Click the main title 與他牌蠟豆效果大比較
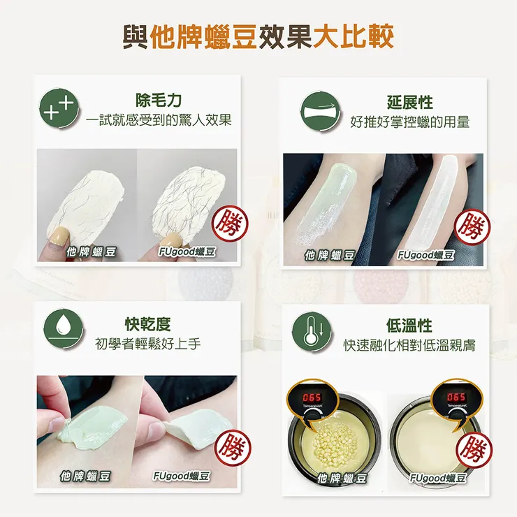tap(258, 37)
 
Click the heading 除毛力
tap(159, 101)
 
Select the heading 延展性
tap(410, 103)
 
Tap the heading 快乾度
tap(147, 324)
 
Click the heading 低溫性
tap(409, 326)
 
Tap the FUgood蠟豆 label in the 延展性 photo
tap(426, 255)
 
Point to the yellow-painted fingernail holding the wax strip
tap(61, 237)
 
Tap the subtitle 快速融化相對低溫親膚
tap(409, 345)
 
